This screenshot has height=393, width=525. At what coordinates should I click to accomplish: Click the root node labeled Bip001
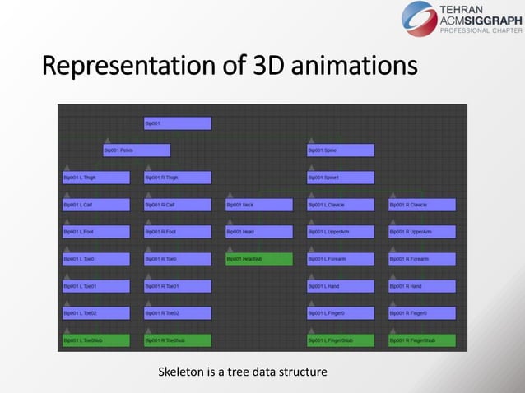[177, 123]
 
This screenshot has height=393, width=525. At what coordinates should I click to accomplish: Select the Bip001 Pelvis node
[137, 150]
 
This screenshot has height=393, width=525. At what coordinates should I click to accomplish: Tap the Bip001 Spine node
[341, 150]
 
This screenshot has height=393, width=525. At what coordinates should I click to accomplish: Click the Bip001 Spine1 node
[341, 178]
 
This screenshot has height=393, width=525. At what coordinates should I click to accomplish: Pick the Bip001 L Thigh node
[96, 178]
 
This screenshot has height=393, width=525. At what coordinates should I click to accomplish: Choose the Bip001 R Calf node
[177, 205]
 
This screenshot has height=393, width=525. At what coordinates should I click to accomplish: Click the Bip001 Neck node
[259, 205]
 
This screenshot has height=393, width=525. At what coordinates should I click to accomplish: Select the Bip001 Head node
[259, 232]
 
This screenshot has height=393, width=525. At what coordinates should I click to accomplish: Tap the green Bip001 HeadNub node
[259, 259]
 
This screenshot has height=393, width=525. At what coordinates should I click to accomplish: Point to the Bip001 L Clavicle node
[341, 205]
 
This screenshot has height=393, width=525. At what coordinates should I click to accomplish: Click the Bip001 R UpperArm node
[422, 232]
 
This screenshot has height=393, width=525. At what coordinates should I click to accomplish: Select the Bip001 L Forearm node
[341, 259]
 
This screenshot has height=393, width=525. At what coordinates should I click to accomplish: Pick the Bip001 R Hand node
[422, 286]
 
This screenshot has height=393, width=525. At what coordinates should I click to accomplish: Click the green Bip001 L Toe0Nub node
[96, 340]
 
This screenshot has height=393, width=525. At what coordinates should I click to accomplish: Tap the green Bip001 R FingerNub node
[422, 340]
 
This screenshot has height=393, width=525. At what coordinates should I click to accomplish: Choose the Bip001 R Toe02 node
[177, 313]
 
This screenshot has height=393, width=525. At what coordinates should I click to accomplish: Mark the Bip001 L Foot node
[96, 232]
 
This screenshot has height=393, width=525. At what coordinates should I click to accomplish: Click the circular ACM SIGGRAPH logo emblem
[420, 19]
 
